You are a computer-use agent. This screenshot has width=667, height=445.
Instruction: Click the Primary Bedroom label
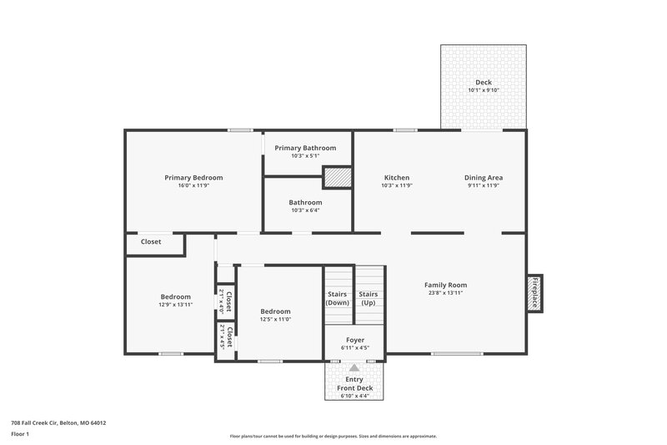pyautogui.click(x=193, y=177)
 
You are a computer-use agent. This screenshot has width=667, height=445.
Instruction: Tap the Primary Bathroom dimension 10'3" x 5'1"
pyautogui.click(x=305, y=156)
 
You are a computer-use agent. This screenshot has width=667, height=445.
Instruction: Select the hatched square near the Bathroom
pyautogui.click(x=336, y=178)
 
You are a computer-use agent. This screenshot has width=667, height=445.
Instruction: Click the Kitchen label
pyautogui.click(x=397, y=177)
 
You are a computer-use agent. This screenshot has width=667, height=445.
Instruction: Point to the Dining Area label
pyautogui.click(x=484, y=177)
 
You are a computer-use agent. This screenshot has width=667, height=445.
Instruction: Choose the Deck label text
pyautogui.click(x=484, y=82)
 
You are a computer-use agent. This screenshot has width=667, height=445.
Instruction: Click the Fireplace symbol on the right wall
pyautogui.click(x=534, y=294)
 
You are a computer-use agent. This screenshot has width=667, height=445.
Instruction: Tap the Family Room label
pyautogui.click(x=445, y=285)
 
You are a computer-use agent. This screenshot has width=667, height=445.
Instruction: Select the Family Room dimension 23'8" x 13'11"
pyautogui.click(x=445, y=293)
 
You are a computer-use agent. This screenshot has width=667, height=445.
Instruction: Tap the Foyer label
pyautogui.click(x=354, y=340)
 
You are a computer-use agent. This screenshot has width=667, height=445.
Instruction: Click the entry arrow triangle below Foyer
pyautogui.click(x=354, y=367)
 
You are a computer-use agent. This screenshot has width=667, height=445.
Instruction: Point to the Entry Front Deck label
pyautogui.click(x=354, y=384)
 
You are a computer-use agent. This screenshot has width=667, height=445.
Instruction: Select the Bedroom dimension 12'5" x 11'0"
pyautogui.click(x=275, y=320)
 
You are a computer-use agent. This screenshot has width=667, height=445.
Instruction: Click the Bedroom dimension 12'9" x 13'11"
pyautogui.click(x=176, y=305)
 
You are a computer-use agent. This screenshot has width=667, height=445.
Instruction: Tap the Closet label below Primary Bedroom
pyautogui.click(x=151, y=242)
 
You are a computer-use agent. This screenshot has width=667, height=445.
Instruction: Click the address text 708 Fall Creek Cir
pyautogui.click(x=58, y=422)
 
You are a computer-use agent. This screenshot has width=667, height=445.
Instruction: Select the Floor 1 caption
pyautogui.click(x=20, y=435)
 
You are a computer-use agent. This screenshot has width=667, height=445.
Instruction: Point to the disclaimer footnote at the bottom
pyautogui.click(x=333, y=436)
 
